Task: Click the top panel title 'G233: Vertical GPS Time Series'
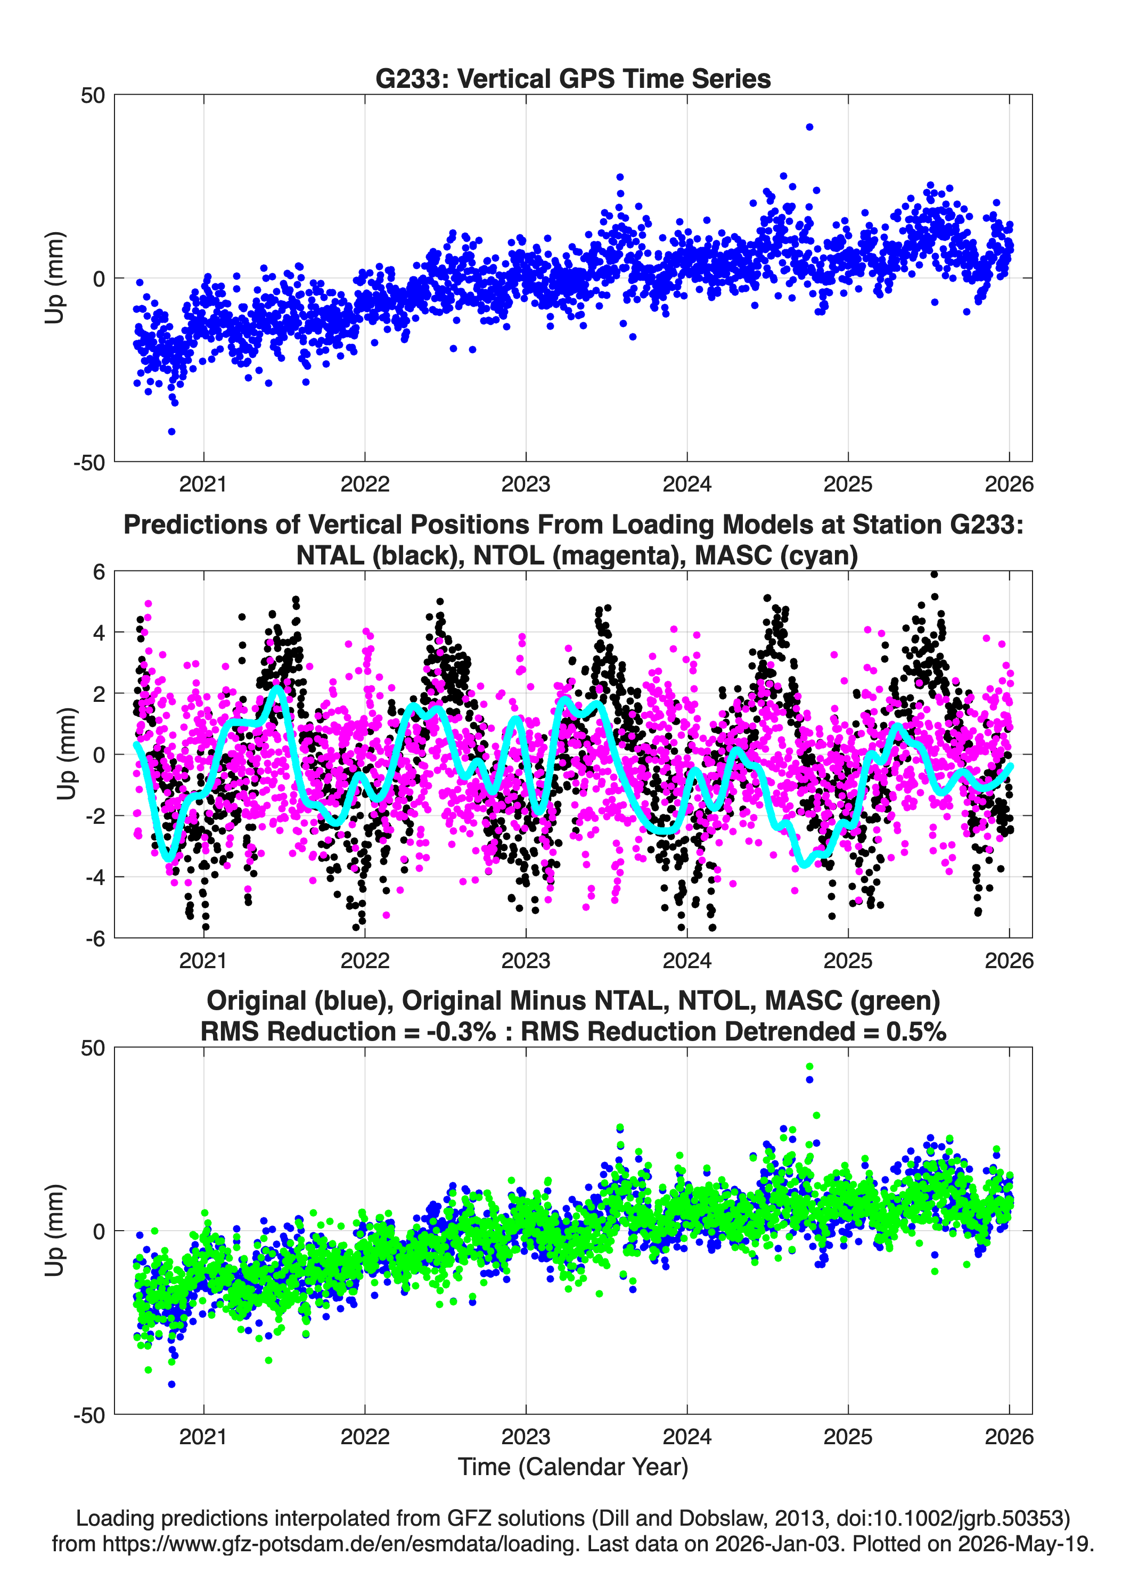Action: (x=573, y=78)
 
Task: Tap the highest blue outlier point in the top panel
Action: (x=809, y=127)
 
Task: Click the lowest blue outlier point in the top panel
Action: (x=171, y=431)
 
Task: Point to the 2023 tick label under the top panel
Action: (x=526, y=484)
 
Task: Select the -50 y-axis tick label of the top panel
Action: (x=89, y=462)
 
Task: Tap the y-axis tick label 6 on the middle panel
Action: (x=99, y=572)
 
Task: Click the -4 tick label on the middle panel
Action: (x=95, y=877)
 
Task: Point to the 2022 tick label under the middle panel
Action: (x=365, y=960)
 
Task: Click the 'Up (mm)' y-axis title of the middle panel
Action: (x=67, y=754)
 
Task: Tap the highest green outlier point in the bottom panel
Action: (x=809, y=1066)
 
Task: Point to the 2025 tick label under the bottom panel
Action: (x=848, y=1437)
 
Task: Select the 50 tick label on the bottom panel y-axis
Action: (x=93, y=1048)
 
